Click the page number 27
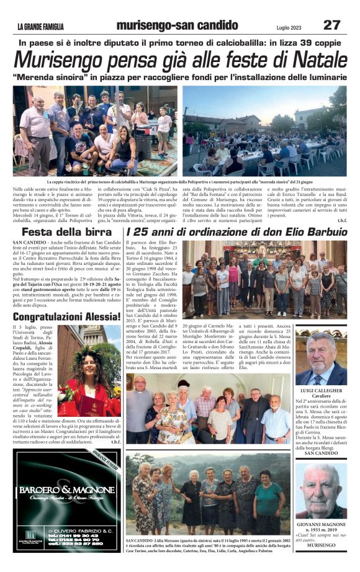(x=331, y=25)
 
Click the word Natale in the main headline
(x=310, y=61)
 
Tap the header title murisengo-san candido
(x=177, y=25)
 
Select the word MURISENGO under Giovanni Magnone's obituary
(x=321, y=545)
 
